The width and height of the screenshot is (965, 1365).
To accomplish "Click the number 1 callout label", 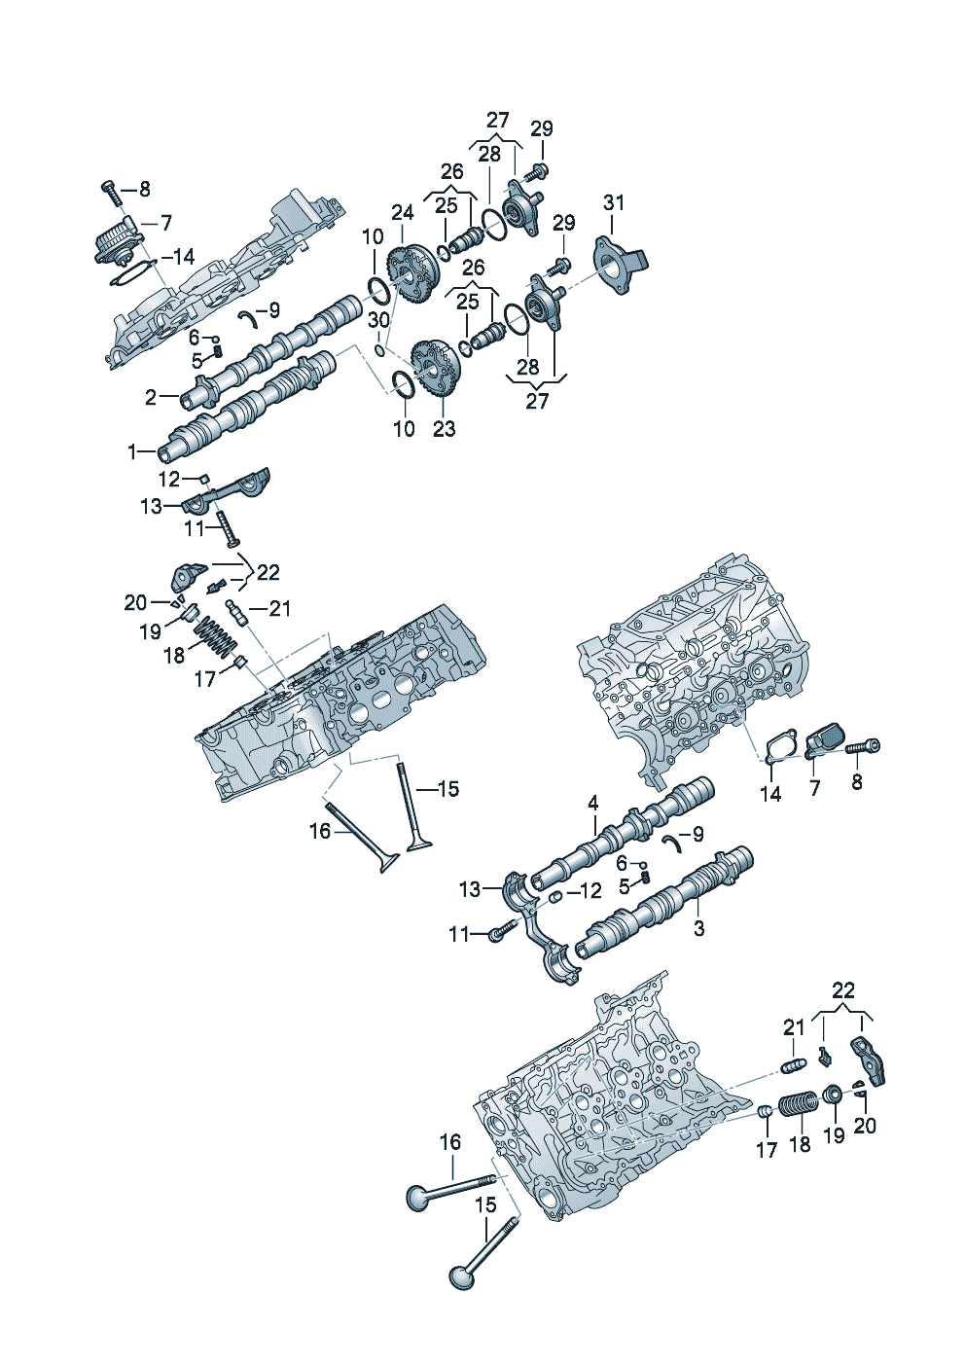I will (132, 451).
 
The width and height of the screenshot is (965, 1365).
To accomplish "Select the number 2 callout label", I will (151, 397).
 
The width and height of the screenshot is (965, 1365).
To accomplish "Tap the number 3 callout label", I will (698, 928).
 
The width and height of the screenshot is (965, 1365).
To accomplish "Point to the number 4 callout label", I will (592, 803).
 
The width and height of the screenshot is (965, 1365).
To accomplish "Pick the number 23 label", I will (444, 428).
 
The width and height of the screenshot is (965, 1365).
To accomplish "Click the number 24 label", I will (403, 212).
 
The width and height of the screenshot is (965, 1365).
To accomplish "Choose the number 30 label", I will (378, 320).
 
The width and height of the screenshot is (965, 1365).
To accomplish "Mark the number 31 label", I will (614, 202).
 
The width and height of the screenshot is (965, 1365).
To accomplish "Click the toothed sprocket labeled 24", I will (408, 273).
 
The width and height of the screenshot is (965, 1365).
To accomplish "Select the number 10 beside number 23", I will (404, 428).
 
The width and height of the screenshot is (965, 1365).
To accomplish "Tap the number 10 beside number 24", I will (374, 236).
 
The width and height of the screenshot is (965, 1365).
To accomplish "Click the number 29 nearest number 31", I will (564, 223).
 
